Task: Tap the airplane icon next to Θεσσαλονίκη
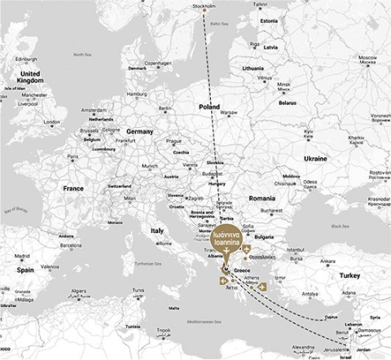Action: tap(246, 248)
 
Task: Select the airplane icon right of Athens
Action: tap(262, 287)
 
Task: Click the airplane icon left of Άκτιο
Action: tap(224, 281)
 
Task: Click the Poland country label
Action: tap(209, 107)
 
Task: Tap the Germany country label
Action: tap(139, 131)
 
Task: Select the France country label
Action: tap(74, 188)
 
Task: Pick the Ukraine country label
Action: tap(315, 158)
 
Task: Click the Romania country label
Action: tap(263, 198)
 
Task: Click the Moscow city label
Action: tap(369, 59)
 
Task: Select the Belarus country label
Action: tap(288, 103)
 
